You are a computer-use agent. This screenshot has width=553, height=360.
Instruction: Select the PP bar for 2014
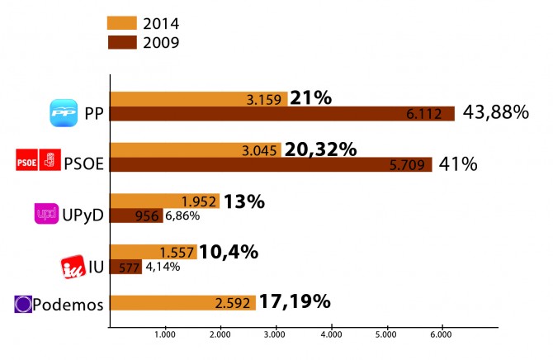199,99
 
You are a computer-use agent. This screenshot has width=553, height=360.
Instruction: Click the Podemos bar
182,303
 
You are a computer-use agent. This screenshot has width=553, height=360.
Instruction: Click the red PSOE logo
37,163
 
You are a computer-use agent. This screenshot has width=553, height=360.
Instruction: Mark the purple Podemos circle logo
24,304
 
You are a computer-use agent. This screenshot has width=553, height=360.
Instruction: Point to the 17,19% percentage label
295,301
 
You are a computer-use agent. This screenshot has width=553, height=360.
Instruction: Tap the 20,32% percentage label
320,149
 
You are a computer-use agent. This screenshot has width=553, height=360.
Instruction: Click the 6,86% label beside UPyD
182,216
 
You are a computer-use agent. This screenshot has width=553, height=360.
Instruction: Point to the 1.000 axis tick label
164,335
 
